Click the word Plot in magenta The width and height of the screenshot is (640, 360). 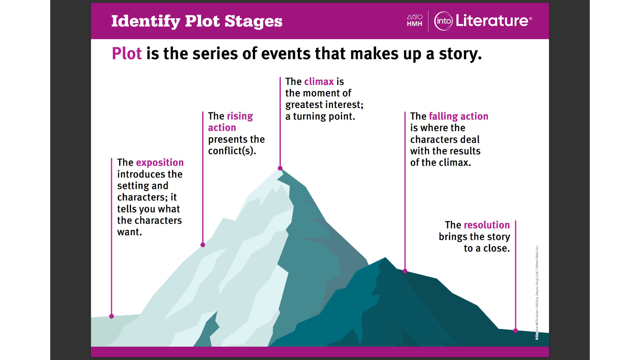pos(127,54)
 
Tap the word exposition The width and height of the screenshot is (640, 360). pos(160,163)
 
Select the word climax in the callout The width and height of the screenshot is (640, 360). pos(319,82)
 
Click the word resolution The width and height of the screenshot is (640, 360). pos(486,225)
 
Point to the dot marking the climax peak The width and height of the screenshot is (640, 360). pos(280,168)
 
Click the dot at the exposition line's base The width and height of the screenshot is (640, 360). pos(112,316)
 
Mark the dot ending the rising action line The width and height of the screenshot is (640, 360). pos(203,245)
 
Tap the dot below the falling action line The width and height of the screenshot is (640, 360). pos(405,271)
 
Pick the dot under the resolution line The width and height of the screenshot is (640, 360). pos(516,330)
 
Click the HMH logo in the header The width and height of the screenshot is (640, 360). pos(415,20)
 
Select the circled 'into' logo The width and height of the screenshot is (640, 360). pos(443,21)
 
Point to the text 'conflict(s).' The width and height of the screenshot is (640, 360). pos(232,151)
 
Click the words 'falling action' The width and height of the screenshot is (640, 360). pos(458,116)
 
